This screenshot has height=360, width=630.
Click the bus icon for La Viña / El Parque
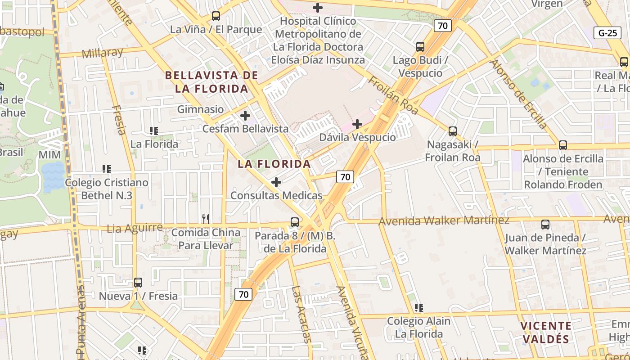[x=216, y=16]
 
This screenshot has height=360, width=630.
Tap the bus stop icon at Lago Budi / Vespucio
[x=420, y=47]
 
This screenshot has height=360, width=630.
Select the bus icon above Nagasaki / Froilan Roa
[x=453, y=131]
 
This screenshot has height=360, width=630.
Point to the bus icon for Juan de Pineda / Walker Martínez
[x=545, y=224]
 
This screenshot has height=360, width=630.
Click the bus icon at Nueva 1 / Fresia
[x=138, y=283]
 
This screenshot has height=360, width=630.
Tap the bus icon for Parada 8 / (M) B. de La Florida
[x=295, y=222]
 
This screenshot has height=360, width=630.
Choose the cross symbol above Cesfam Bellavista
[x=245, y=116]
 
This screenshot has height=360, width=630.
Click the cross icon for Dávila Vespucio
[x=357, y=124]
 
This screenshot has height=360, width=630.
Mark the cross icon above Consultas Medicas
[x=276, y=182]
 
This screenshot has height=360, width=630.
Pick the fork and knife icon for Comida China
[x=206, y=219]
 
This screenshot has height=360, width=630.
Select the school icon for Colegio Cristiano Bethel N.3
[x=107, y=169]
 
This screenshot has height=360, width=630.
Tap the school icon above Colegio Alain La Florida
[x=419, y=308]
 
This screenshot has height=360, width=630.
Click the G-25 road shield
[x=607, y=33]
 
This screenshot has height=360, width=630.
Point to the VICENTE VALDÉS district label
[x=546, y=332]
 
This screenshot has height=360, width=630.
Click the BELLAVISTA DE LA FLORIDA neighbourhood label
[x=211, y=82]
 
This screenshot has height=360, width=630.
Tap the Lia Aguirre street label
[x=135, y=228]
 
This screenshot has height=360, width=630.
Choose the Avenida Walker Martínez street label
[x=444, y=220]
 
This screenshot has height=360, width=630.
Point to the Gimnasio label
[x=200, y=109]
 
